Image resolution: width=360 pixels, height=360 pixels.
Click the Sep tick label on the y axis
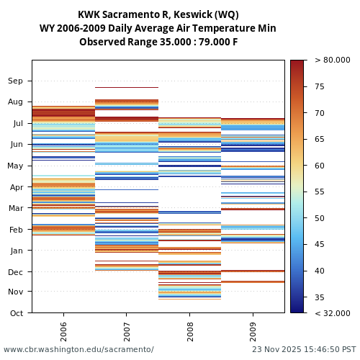[16, 81]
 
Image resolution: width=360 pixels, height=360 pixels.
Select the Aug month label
[16, 102]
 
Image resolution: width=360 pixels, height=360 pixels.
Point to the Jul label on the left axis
[17, 123]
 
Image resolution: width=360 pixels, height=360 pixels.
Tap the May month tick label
[15, 166]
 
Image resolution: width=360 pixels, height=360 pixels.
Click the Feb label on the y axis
[16, 230]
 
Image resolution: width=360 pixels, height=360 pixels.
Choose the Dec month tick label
[16, 272]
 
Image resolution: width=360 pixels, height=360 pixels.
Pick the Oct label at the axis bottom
[17, 313]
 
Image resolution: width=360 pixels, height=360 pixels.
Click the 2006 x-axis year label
[63, 325]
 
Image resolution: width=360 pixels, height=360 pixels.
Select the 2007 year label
[127, 325]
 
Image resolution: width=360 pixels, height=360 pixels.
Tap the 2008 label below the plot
[189, 325]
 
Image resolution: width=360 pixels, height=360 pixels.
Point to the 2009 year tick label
[253, 325]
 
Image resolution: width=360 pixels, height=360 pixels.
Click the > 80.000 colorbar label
[332, 60]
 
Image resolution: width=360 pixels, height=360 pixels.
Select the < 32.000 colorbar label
[332, 313]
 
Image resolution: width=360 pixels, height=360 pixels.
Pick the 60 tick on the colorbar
[320, 166]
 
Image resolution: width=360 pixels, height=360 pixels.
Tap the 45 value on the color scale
[320, 245]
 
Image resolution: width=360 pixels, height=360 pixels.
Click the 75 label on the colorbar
[320, 87]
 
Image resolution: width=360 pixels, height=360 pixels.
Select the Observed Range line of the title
[158, 42]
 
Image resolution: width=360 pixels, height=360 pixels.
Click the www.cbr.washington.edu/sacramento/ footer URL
[78, 350]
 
